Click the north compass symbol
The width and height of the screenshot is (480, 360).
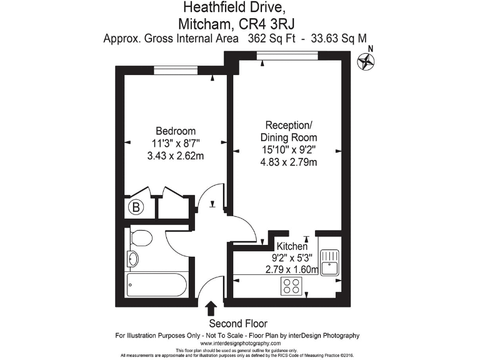pyautogui.click(x=367, y=61)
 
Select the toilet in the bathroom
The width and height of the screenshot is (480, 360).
pyautogui.click(x=141, y=238)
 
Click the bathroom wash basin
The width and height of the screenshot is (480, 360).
pyautogui.click(x=132, y=259)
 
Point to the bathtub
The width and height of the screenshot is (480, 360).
pyautogui.click(x=156, y=285)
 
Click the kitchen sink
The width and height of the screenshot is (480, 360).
pyautogui.click(x=329, y=262)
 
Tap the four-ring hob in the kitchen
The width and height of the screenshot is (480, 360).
pyautogui.click(x=292, y=286)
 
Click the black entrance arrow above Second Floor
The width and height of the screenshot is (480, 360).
pyautogui.click(x=211, y=308)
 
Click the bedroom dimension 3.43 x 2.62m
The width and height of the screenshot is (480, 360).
pyautogui.click(x=176, y=156)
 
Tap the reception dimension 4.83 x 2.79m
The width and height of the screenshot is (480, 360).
pyautogui.click(x=288, y=162)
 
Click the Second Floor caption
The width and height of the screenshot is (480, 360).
pyautogui.click(x=238, y=323)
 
